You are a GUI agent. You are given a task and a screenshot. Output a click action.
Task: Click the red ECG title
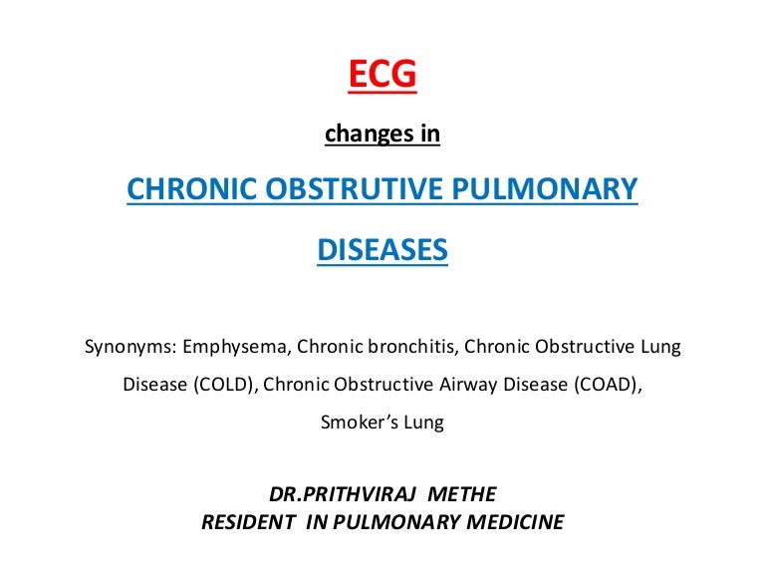pos(382,73)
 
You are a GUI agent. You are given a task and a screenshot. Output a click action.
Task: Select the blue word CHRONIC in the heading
pos(191,189)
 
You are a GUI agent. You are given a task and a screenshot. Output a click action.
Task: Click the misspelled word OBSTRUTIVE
pos(355,189)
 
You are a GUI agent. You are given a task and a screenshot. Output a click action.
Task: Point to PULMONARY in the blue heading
pos(545,189)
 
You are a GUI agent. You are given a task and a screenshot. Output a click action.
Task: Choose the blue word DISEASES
pos(382,249)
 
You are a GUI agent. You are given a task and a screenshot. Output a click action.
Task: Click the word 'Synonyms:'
pos(130,347)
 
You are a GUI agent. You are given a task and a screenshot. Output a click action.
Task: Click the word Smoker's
pos(360,423)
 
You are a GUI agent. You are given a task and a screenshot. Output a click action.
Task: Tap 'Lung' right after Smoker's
pos(424,423)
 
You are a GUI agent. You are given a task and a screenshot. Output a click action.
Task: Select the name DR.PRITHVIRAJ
pos(342,494)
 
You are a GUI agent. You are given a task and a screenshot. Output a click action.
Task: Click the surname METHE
pos(462,494)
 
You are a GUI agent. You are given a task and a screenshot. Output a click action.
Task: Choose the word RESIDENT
pos(248,522)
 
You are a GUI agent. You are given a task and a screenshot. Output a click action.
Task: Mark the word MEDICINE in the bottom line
pos(516,522)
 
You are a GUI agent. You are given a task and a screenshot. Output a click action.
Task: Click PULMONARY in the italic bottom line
pos(397,522)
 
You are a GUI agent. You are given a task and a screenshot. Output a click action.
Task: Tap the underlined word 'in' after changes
pos(430,134)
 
